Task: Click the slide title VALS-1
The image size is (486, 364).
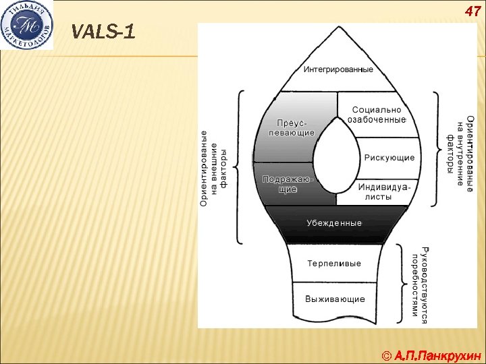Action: [x=103, y=31]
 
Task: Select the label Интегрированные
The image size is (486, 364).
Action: [x=337, y=69]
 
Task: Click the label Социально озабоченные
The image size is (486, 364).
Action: [x=376, y=115]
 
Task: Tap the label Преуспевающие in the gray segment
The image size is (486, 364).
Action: [x=296, y=128]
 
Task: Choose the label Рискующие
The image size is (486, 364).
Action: [x=389, y=158]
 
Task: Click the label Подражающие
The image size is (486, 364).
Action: [x=288, y=184]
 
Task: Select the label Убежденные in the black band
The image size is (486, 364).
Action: [x=334, y=222]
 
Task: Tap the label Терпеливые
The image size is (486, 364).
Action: [x=334, y=263]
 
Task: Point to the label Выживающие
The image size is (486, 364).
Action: [x=335, y=299]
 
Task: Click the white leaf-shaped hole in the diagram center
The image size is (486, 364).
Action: [x=335, y=160]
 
